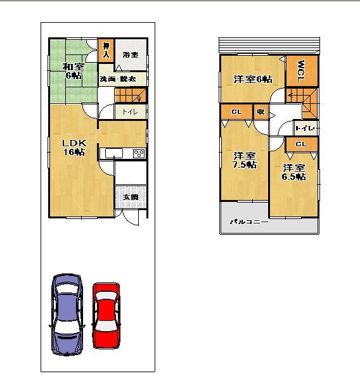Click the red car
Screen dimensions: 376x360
click(106, 314)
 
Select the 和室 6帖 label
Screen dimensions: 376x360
click(72, 71)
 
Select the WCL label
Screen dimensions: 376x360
click(300, 70)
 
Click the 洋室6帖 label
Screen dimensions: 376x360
click(253, 79)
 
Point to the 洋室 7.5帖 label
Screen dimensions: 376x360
click(243, 160)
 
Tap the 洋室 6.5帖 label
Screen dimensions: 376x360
click(293, 172)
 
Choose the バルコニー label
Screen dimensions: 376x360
click(248, 222)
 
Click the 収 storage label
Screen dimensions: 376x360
click(260, 113)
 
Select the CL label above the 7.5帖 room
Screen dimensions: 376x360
click(236, 113)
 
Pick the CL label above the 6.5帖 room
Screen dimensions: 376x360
click(300, 144)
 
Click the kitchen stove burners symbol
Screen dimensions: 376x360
click(139, 154)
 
